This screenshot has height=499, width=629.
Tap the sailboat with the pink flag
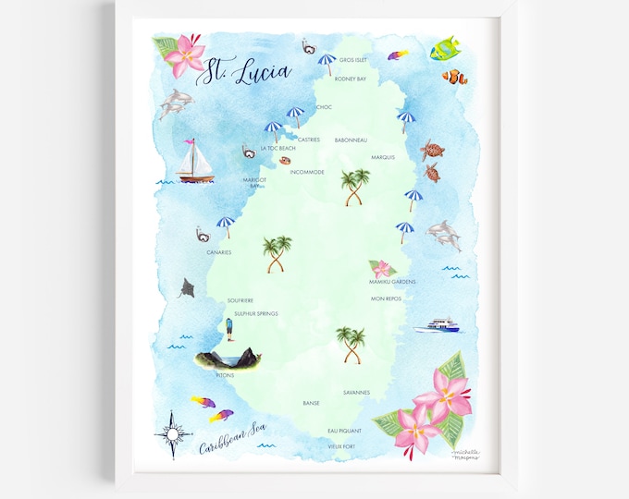(x=195, y=163)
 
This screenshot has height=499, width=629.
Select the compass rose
(x=178, y=431)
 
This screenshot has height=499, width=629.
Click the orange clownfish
(x=454, y=78)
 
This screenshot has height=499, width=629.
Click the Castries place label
(x=309, y=140)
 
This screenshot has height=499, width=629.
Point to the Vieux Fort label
(x=341, y=446)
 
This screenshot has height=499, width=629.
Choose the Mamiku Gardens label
(x=392, y=281)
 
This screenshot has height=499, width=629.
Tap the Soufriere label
(x=240, y=300)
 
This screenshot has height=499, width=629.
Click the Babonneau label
(x=351, y=140)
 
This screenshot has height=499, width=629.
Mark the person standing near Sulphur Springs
(x=228, y=327)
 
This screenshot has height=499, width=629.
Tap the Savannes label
(x=356, y=392)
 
